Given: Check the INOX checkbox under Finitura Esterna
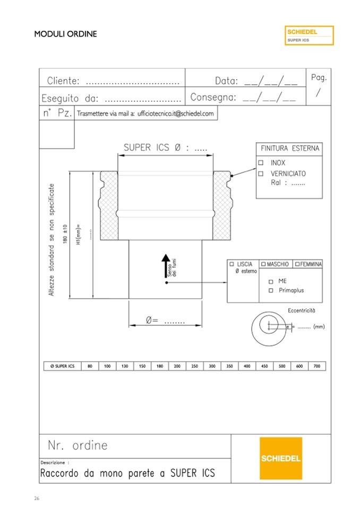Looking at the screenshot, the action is (x=261, y=162).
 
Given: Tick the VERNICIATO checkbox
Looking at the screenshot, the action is (x=261, y=174).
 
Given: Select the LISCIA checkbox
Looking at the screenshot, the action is (x=232, y=264).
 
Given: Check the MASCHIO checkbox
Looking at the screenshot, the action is (x=263, y=264).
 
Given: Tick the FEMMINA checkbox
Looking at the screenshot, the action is (x=297, y=264).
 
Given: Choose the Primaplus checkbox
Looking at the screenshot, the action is (x=271, y=290).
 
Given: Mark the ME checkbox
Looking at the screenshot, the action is (x=271, y=281).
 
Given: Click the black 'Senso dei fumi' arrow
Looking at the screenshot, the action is (x=166, y=265).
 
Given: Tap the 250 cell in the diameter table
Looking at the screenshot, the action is (x=194, y=366).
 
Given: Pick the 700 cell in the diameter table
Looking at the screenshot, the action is (x=317, y=366).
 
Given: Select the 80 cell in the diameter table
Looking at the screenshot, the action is (x=90, y=366).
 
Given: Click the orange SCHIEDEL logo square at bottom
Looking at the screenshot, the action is (x=281, y=458).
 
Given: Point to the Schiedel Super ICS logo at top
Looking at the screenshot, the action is (x=309, y=36).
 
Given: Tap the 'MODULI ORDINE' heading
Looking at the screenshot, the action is (x=65, y=34).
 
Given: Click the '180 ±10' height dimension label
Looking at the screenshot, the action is (x=65, y=234).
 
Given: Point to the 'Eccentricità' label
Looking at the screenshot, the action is (x=301, y=310).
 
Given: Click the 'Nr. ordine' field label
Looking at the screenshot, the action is (x=78, y=445).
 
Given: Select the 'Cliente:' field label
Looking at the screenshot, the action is (x=63, y=81).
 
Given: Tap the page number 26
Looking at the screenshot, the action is (x=37, y=498).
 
